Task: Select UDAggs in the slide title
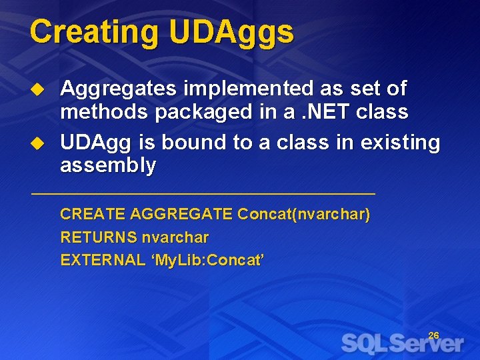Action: (x=231, y=32)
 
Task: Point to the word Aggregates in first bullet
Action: (x=118, y=89)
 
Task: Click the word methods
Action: (x=104, y=112)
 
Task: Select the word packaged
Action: (x=207, y=112)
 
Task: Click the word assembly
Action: (x=107, y=165)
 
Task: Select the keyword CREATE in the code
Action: (x=93, y=215)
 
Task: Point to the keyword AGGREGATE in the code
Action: (x=181, y=215)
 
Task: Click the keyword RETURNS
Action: (x=98, y=237)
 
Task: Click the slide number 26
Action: (x=433, y=335)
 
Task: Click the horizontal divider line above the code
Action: (x=203, y=194)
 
